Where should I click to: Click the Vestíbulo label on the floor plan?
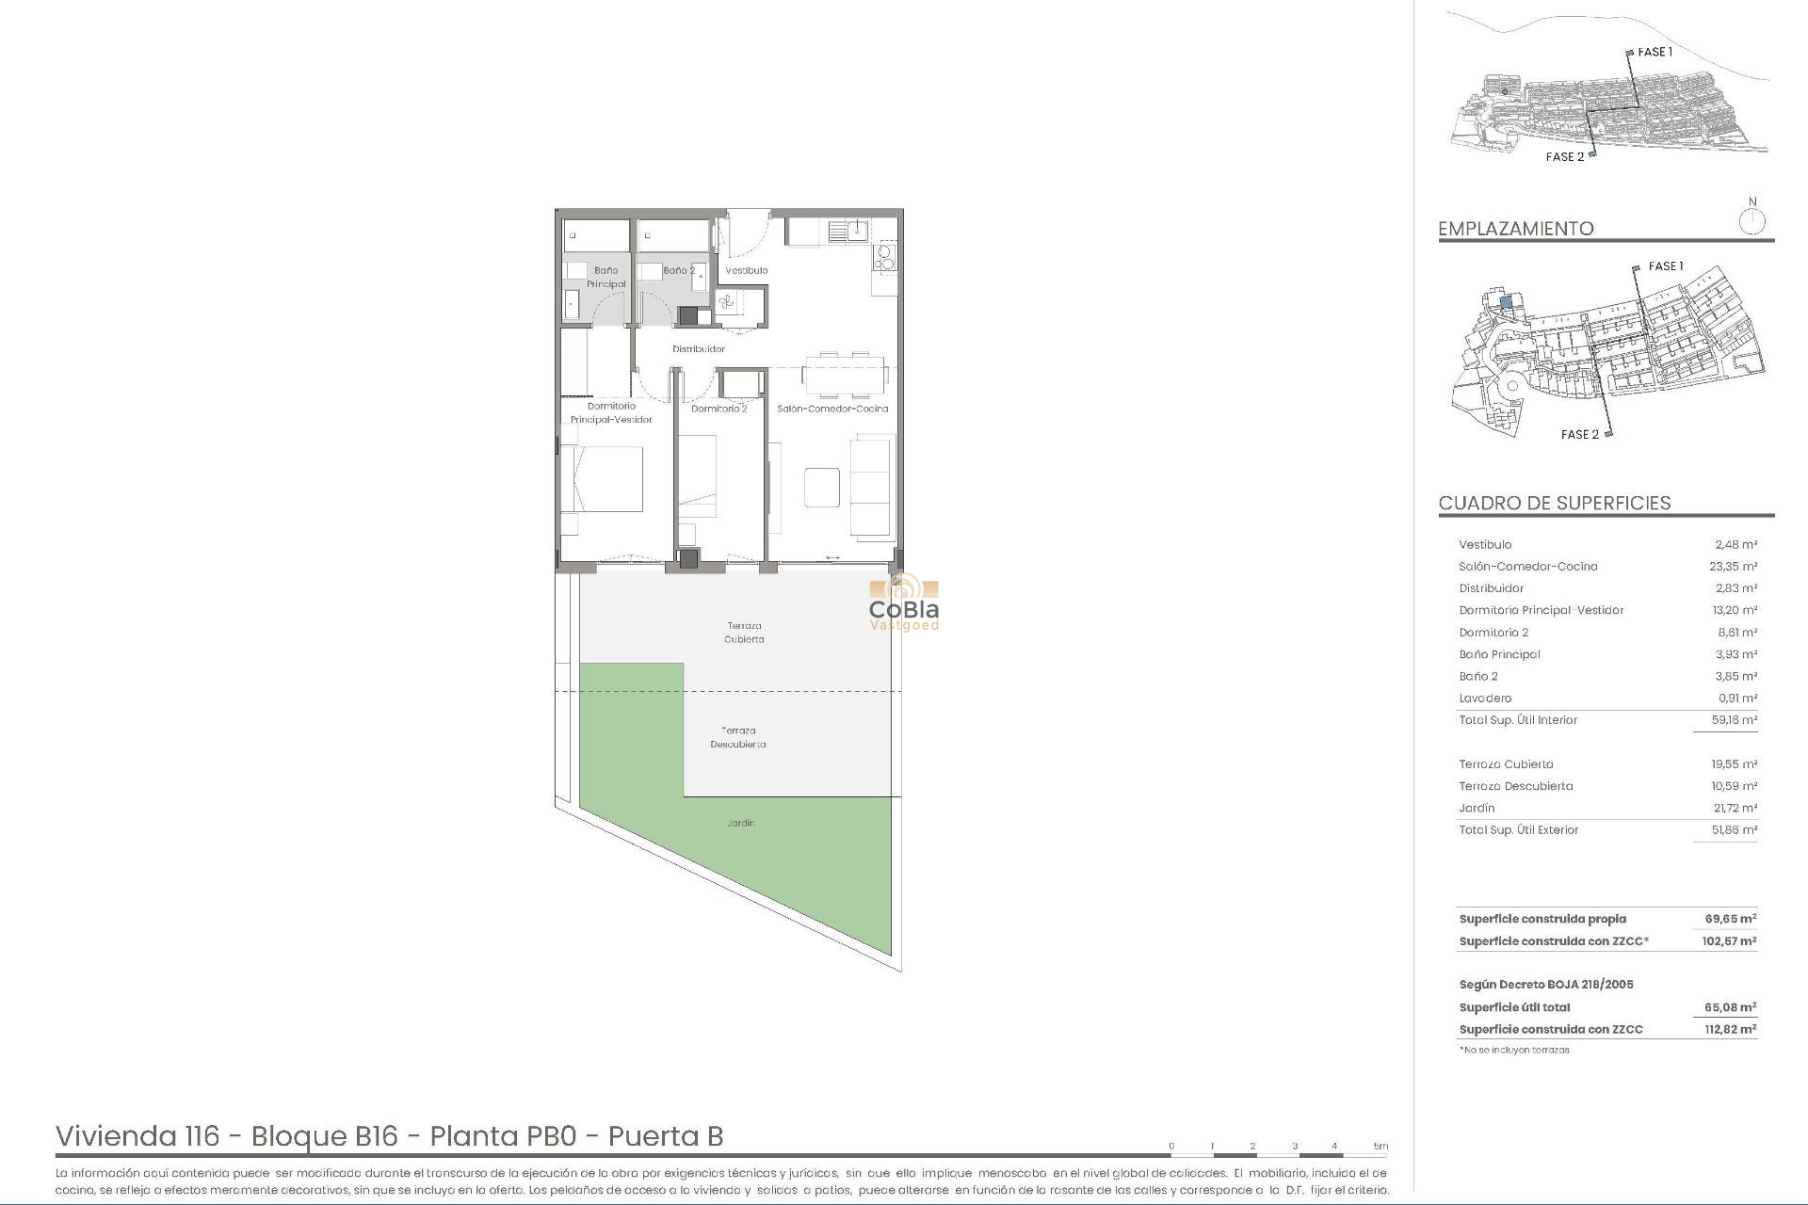pos(746,271)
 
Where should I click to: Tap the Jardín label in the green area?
pos(740,823)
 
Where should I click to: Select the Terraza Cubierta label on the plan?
pos(744,633)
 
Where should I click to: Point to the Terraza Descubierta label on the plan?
pos(737,737)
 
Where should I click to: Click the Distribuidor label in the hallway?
pos(699,349)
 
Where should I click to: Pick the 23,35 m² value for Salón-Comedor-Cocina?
pos(1733,567)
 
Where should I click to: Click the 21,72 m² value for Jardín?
pos(1735,809)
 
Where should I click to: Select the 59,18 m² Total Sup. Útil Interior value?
pos(1734,720)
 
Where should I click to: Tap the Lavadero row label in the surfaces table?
pos(1485,699)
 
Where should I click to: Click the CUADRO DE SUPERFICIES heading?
pos(1555,503)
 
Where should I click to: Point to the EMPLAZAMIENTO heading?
pos(1515,229)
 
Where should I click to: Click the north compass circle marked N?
pos(1751,222)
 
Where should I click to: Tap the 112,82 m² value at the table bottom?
pos(1730,1030)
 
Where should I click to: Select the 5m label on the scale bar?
pos(1380,1147)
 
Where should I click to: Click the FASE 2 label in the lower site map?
pos(1579,435)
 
